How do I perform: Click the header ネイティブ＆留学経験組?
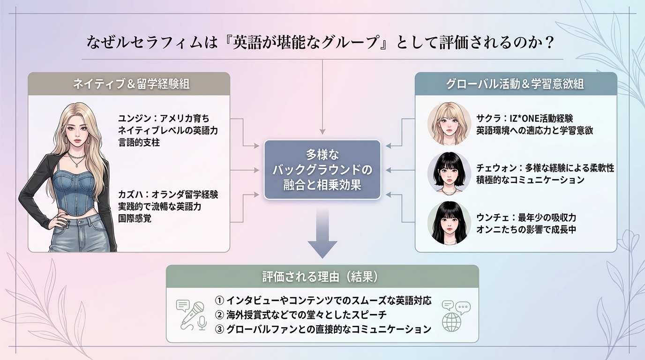tap(129, 84)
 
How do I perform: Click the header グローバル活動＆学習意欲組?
tap(516, 84)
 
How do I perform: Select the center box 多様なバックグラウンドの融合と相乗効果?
tap(322, 169)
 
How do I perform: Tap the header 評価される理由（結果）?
tap(322, 277)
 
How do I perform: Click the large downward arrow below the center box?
tap(322, 234)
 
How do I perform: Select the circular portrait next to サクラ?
tap(449, 124)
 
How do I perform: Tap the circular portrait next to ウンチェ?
tap(449, 223)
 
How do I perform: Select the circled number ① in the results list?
tap(219, 300)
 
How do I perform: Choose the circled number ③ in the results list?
tap(219, 329)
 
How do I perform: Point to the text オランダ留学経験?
tap(182, 195)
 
